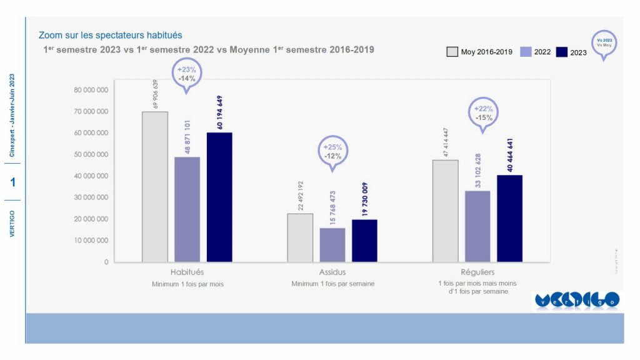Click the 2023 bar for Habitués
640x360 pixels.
tap(219, 197)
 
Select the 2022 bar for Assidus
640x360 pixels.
tap(332, 244)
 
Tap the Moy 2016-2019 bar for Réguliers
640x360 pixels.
tap(445, 211)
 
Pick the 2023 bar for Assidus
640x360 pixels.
tap(364, 241)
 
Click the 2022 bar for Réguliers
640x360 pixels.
tap(477, 226)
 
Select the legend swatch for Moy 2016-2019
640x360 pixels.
tap(452, 52)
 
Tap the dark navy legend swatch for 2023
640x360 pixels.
tap(561, 52)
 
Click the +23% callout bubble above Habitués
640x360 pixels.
tap(187, 74)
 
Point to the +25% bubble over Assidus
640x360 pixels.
tap(332, 151)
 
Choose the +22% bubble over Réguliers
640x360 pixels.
tap(483, 112)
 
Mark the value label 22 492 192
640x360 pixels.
tap(301, 195)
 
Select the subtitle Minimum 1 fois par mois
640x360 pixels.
tap(187, 284)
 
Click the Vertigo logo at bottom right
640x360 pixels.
tap(576, 300)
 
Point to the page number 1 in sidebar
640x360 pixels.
tap(12, 182)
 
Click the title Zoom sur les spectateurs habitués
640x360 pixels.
tap(110, 36)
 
